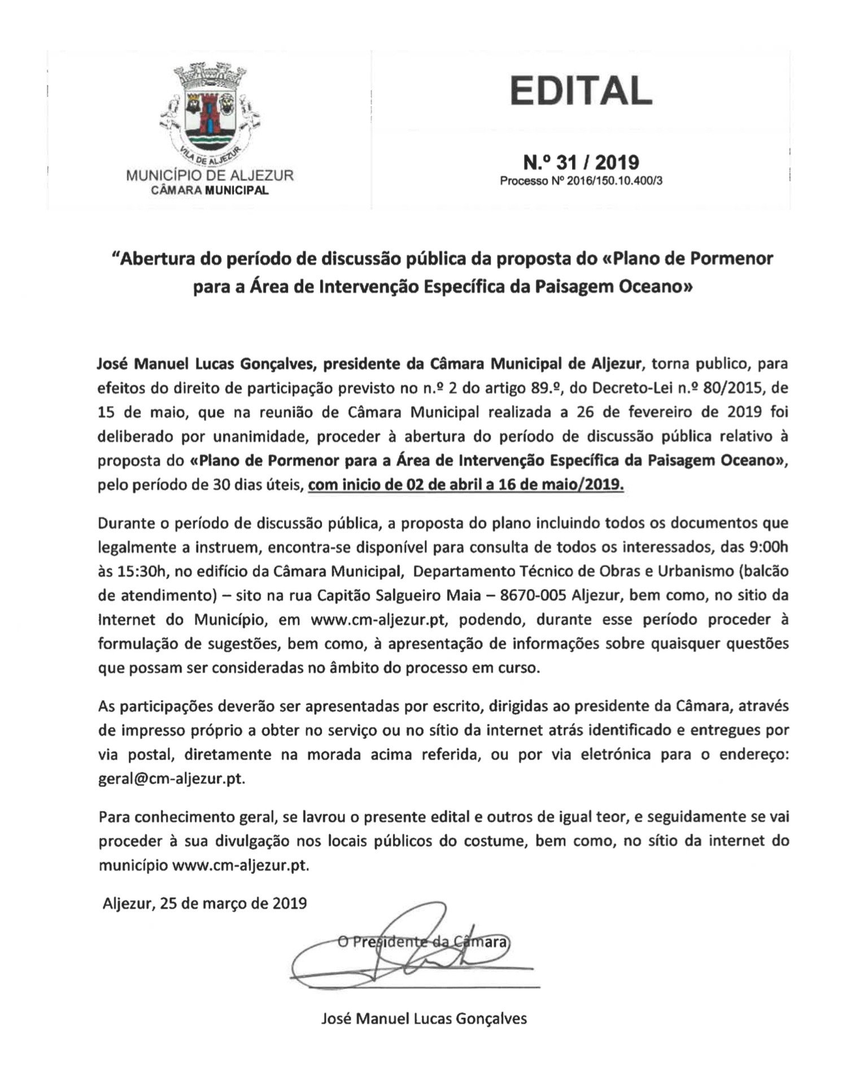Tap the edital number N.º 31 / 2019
(x=581, y=163)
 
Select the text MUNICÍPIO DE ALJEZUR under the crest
(x=210, y=176)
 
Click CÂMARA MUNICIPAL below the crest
(x=210, y=190)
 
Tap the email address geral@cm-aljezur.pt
(x=172, y=779)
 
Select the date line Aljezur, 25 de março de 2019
(x=205, y=903)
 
